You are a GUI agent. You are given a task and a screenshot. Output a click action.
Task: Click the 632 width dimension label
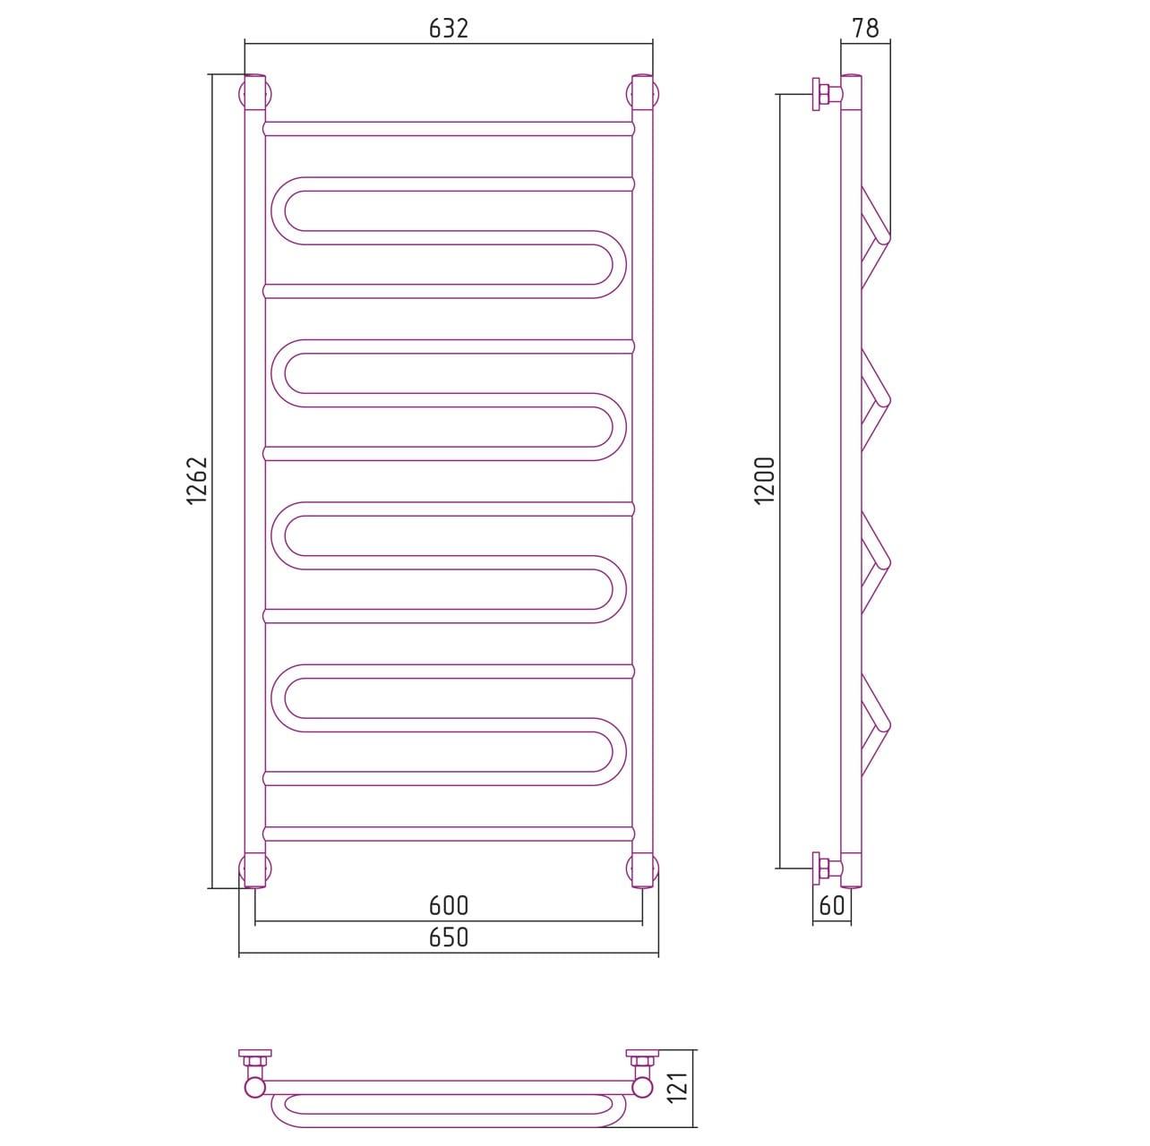coord(448,29)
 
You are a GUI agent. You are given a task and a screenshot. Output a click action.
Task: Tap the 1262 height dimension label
coord(198,481)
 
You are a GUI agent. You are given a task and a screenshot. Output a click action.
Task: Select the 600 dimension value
coord(448,906)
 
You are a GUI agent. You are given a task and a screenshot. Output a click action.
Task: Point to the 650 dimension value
coord(448,937)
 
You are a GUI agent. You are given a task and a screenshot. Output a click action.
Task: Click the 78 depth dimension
coord(865,28)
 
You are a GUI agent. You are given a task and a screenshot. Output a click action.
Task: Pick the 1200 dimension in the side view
coord(765,481)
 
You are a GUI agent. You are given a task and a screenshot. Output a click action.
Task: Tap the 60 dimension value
coord(832,905)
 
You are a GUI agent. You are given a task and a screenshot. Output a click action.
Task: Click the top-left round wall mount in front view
coord(255,94)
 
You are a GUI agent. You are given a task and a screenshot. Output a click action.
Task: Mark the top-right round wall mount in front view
coord(642,94)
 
